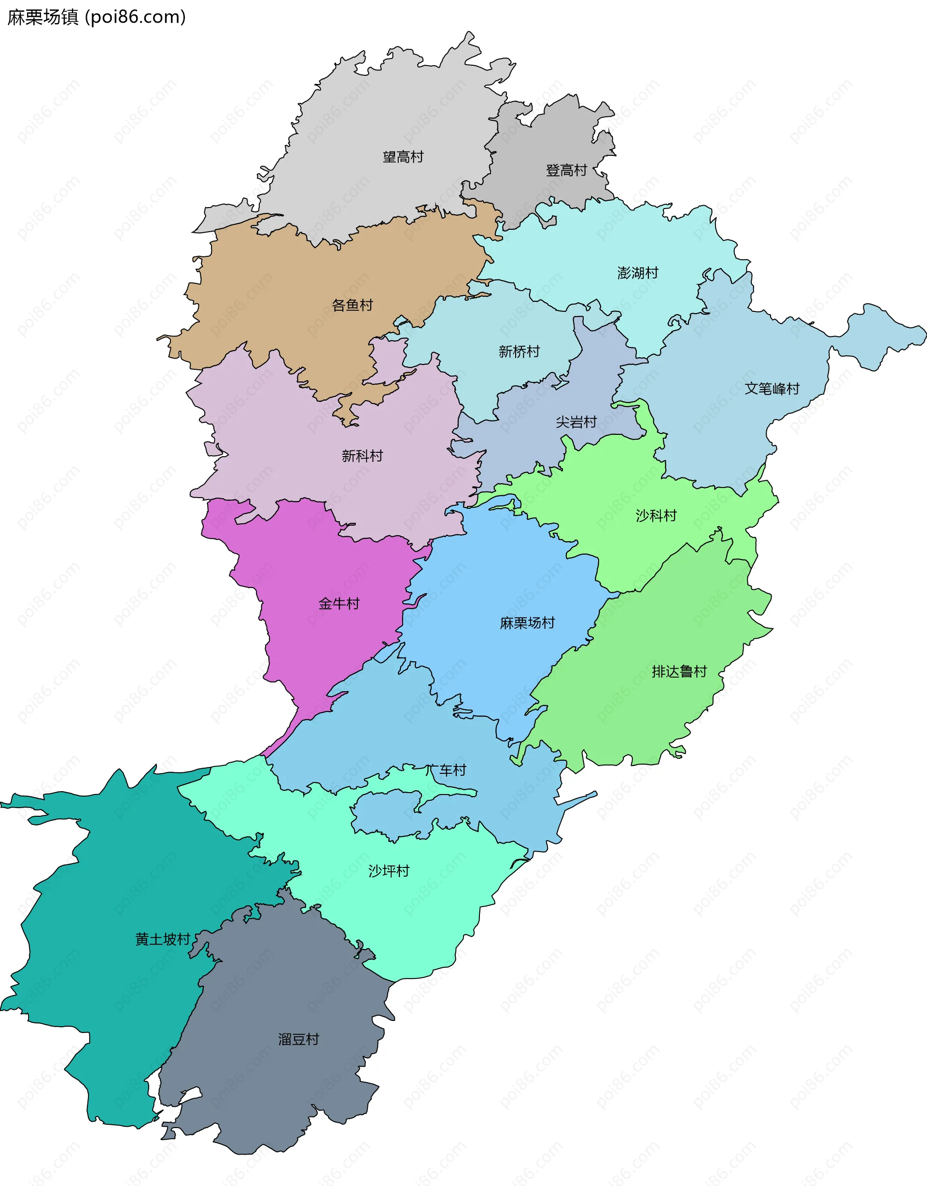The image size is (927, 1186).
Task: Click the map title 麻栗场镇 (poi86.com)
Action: [97, 17]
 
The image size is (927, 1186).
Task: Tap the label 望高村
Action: [403, 157]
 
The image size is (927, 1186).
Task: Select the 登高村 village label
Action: [566, 170]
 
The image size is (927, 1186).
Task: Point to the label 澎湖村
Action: [637, 273]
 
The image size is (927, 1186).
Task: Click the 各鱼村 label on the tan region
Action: [352, 305]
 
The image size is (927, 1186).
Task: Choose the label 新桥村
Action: [519, 352]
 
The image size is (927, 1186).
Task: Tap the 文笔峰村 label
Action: [772, 389]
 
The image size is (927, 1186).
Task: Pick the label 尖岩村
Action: [576, 422]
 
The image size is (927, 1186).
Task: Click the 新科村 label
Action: [362, 456]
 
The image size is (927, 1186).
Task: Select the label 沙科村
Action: [656, 516]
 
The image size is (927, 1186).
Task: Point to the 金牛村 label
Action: [339, 603]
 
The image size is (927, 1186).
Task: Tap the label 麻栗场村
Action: [527, 623]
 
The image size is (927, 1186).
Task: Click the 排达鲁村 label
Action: [679, 672]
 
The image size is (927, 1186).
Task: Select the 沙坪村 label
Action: [389, 871]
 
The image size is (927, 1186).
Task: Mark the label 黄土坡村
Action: [163, 939]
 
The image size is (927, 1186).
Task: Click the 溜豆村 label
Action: [299, 1039]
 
